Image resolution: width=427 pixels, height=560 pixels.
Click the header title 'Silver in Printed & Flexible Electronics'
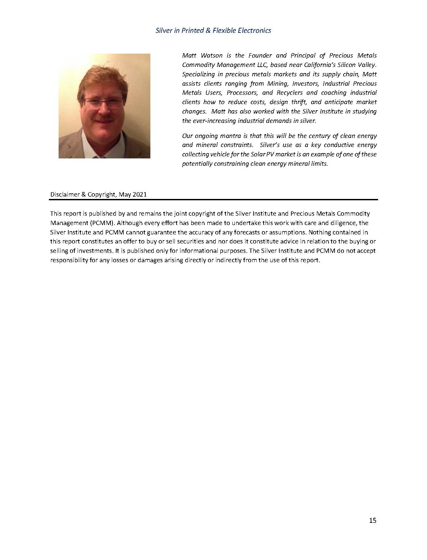pyautogui.click(x=213, y=30)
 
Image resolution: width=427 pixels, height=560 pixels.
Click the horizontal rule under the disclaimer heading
pyautogui.click(x=213, y=200)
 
